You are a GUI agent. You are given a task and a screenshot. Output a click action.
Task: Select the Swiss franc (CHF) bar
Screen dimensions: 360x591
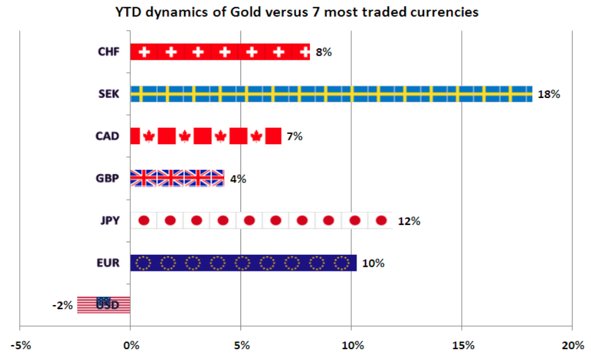pyautogui.click(x=220, y=52)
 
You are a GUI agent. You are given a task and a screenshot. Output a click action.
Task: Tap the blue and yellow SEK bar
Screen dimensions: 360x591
pyautogui.click(x=331, y=94)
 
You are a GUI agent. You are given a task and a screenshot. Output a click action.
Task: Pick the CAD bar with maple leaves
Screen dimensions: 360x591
pyautogui.click(x=205, y=136)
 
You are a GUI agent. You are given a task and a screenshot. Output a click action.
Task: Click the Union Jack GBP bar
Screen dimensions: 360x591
pyautogui.click(x=177, y=178)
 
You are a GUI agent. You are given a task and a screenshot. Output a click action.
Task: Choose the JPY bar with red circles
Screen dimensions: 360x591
pyautogui.click(x=261, y=221)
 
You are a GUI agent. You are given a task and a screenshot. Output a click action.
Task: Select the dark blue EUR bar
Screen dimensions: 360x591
pyautogui.click(x=243, y=263)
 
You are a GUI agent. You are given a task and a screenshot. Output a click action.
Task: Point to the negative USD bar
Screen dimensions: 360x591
pyautogui.click(x=104, y=304)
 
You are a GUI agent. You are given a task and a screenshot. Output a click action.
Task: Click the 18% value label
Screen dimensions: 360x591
pyautogui.click(x=549, y=94)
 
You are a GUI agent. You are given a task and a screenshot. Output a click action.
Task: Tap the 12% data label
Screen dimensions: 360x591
pyautogui.click(x=409, y=221)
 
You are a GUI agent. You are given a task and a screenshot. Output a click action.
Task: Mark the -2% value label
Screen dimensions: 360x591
pyautogui.click(x=62, y=305)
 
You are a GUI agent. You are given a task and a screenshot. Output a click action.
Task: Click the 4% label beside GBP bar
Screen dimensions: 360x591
pyautogui.click(x=238, y=178)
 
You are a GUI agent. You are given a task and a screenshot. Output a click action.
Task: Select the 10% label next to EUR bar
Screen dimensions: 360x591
pyautogui.click(x=373, y=263)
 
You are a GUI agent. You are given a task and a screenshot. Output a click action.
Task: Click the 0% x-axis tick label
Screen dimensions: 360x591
pyautogui.click(x=130, y=345)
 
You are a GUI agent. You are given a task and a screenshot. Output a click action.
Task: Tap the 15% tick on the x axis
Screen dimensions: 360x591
pyautogui.click(x=461, y=345)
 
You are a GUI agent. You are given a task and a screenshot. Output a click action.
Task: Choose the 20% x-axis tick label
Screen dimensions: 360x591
pyautogui.click(x=572, y=345)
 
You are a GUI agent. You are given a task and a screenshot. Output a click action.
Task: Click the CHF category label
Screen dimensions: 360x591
pyautogui.click(x=109, y=52)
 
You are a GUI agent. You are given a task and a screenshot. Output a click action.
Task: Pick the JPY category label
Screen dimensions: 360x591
pyautogui.click(x=110, y=221)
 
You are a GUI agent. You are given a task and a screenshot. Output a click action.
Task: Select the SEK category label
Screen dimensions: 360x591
pyautogui.click(x=109, y=94)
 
